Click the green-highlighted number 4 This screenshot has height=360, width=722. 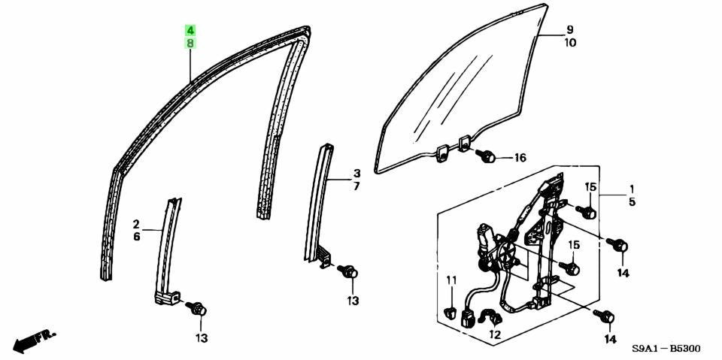pos(190,31)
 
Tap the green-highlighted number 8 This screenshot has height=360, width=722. pos(190,44)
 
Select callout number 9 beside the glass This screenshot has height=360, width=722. pos(569,30)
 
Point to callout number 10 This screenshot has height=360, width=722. pos(569,43)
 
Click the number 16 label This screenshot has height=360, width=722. pos(520,159)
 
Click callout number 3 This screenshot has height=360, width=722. pos(356,174)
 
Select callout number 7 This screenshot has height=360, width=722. pos(356,186)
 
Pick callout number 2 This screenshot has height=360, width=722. pos(136,224)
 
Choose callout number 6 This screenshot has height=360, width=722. pos(136,237)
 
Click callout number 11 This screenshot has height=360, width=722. pos(451,280)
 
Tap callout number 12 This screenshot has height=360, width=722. pos(495,334)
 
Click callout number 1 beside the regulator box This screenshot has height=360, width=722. pos(632,189)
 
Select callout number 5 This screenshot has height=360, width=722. pos(632,201)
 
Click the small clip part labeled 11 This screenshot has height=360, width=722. pos(450,314)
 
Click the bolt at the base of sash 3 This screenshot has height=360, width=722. pos(347,271)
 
